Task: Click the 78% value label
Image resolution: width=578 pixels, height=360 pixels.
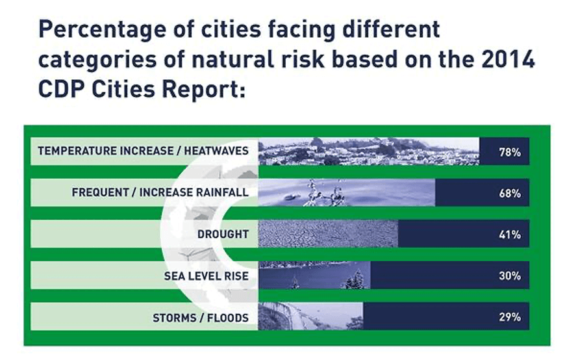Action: pos(510,152)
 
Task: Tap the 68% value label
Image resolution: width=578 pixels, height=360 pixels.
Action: pos(510,193)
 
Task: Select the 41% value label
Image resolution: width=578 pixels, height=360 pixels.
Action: pos(510,235)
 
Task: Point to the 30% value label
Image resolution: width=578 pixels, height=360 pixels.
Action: pos(510,276)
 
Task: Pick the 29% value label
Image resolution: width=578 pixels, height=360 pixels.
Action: pos(510,317)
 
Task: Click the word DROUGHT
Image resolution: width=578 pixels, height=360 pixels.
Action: pos(223,234)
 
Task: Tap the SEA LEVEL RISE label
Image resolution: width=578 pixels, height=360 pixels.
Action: pos(207,276)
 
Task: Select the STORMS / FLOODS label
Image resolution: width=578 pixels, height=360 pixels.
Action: pos(201,318)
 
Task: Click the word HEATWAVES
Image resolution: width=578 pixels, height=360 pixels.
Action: pos(216,151)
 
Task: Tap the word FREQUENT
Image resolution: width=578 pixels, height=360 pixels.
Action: pos(100,192)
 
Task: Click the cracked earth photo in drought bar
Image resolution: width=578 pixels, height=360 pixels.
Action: pos(328,233)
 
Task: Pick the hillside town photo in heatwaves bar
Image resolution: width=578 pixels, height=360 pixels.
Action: pos(369,151)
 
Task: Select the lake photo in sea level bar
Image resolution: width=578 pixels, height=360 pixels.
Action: pos(314,275)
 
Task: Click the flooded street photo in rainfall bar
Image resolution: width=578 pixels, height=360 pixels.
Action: pos(347,192)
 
